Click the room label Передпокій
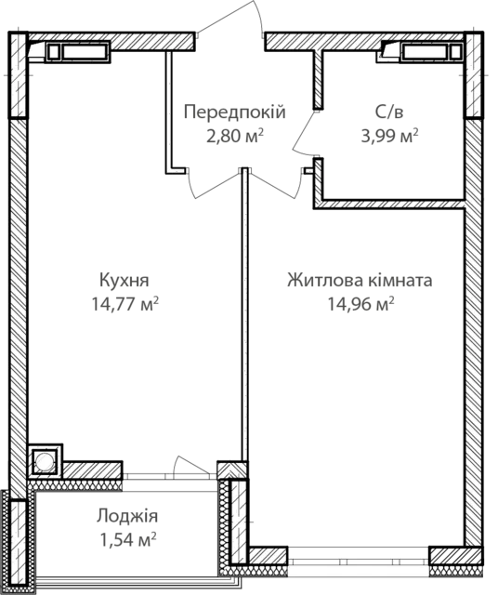(235, 113)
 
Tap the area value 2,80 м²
(235, 136)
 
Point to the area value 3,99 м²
(389, 136)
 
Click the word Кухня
(124, 281)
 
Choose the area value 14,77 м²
(124, 304)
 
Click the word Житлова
(325, 281)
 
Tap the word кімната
(400, 281)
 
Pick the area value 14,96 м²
(360, 304)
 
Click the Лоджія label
(126, 517)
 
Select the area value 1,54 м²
(128, 539)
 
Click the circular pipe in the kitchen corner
(45, 461)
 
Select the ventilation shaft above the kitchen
(78, 52)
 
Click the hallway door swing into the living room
(276, 186)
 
